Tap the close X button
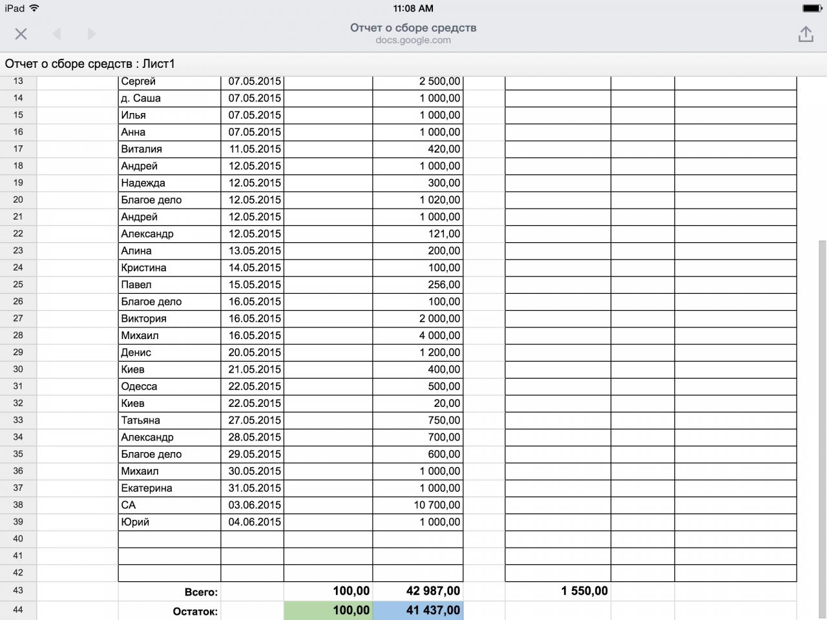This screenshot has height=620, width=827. click(x=21, y=34)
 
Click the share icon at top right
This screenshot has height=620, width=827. click(x=805, y=34)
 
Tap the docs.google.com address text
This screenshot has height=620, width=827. click(x=413, y=40)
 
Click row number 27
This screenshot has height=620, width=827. click(x=18, y=318)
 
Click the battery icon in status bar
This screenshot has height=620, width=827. click(x=811, y=8)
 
